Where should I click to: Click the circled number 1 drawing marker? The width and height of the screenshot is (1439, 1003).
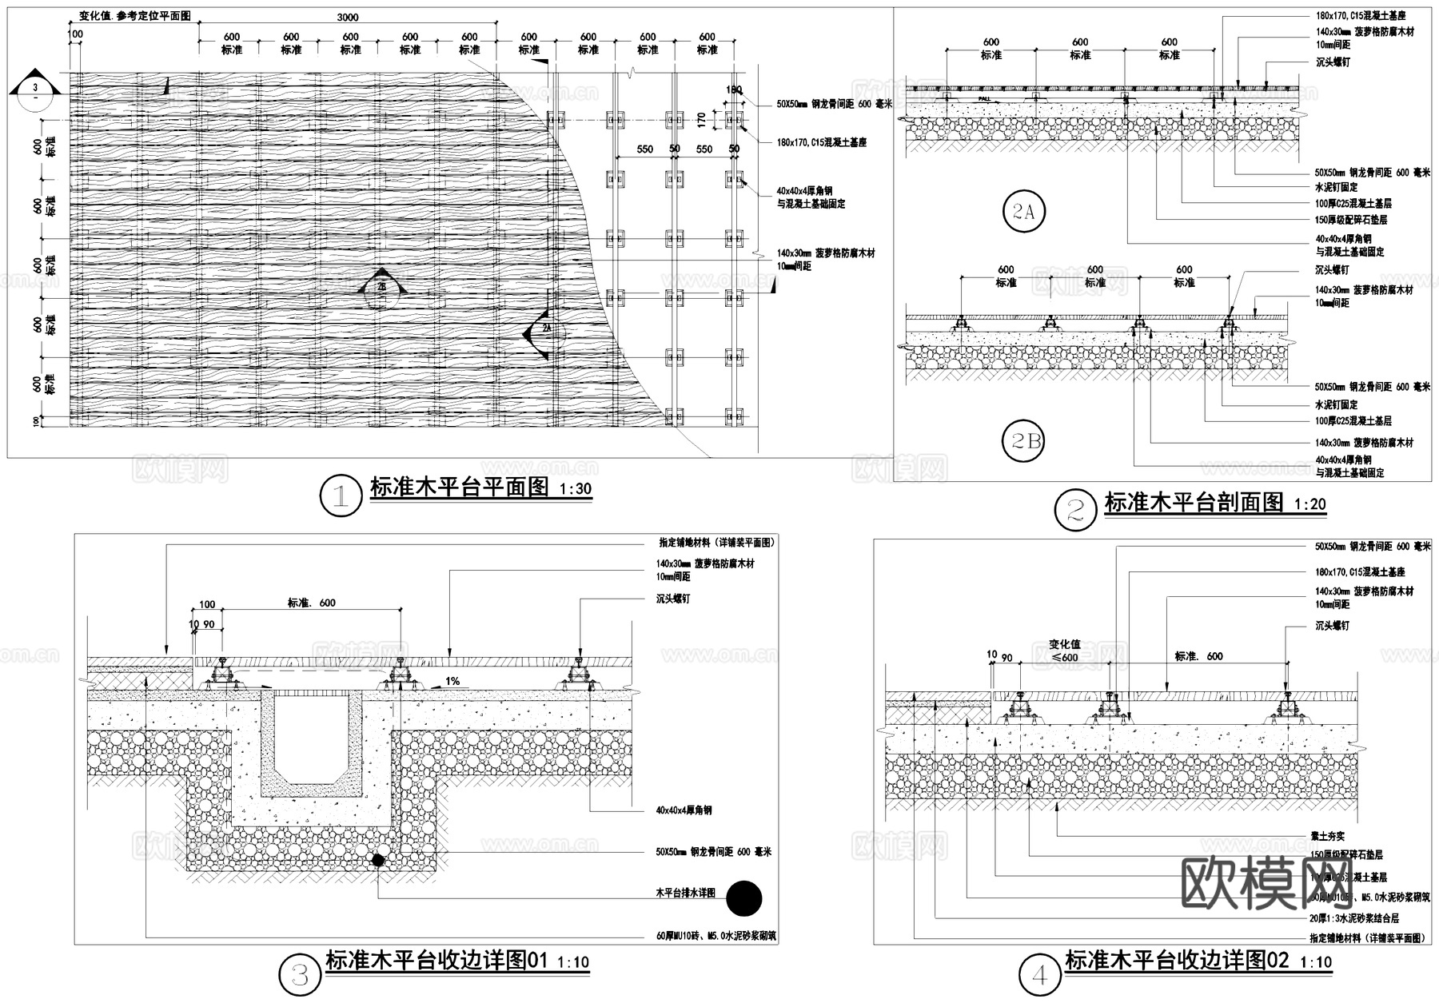click(341, 496)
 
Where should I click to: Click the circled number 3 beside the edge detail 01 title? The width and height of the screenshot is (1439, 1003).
click(299, 974)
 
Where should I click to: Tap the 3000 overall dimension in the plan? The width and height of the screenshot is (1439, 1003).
click(348, 18)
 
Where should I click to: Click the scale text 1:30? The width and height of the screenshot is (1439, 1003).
click(576, 489)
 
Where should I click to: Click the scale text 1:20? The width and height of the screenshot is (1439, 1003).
click(1309, 504)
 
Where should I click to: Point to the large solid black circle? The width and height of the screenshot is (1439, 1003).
click(744, 899)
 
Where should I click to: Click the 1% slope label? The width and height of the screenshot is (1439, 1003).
click(452, 682)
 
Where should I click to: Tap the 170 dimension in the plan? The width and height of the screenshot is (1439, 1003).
click(701, 120)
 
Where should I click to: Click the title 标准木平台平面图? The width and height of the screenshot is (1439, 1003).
click(459, 488)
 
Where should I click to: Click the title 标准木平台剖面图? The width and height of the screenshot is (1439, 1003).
click(1194, 503)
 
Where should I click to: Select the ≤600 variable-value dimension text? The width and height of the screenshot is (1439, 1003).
click(1065, 657)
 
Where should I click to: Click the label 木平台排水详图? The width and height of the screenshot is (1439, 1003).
click(685, 893)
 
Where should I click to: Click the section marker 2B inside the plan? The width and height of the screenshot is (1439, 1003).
click(381, 286)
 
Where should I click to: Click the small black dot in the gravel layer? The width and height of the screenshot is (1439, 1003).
click(377, 860)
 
